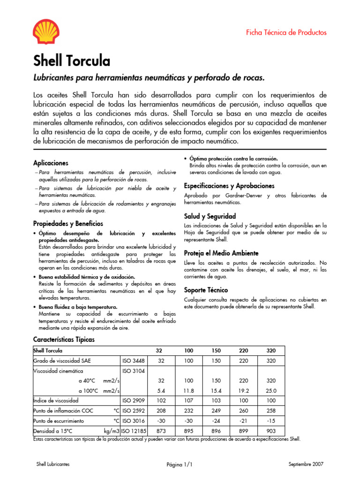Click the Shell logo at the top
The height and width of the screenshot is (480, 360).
(x=46, y=31)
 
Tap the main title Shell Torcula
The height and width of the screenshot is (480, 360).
(x=72, y=61)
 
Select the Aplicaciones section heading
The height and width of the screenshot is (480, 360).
(x=51, y=163)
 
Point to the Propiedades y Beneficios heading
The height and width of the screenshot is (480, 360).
(x=68, y=224)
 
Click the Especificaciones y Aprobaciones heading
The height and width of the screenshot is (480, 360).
(x=229, y=186)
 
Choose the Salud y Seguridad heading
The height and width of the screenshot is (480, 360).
(x=210, y=217)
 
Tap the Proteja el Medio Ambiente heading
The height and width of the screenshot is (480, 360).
(x=221, y=253)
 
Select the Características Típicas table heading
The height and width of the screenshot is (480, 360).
(x=64, y=339)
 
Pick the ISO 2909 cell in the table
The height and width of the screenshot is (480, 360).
(x=134, y=401)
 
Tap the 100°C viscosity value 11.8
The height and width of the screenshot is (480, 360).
(x=188, y=390)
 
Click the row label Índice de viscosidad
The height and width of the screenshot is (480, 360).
(x=56, y=401)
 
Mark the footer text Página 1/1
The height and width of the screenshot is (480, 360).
(x=180, y=465)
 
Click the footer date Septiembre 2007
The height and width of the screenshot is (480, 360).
(x=306, y=464)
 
